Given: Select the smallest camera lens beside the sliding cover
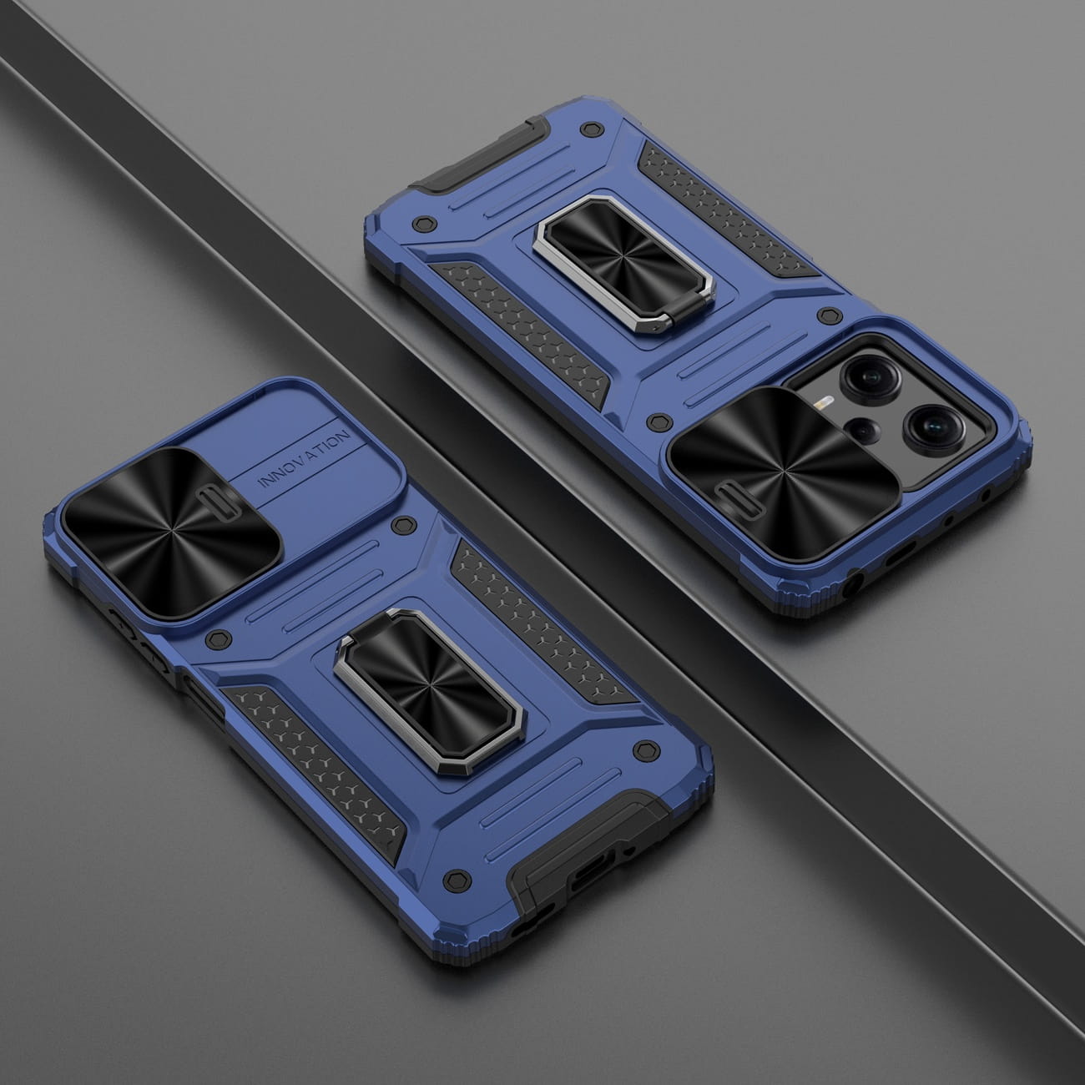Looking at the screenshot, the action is [864, 430].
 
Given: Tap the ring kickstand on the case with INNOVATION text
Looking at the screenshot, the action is [429, 690].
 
